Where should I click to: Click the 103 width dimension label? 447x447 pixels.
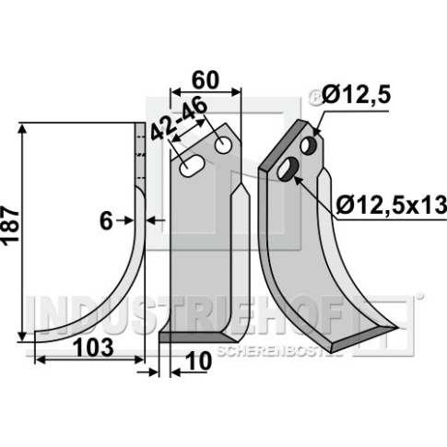pos(94,347)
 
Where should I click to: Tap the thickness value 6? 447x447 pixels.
pos(106,221)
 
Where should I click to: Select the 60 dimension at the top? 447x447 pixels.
pos(206,80)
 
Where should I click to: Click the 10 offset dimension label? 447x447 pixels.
pos(199,361)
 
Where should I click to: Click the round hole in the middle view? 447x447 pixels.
pos(223,146)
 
